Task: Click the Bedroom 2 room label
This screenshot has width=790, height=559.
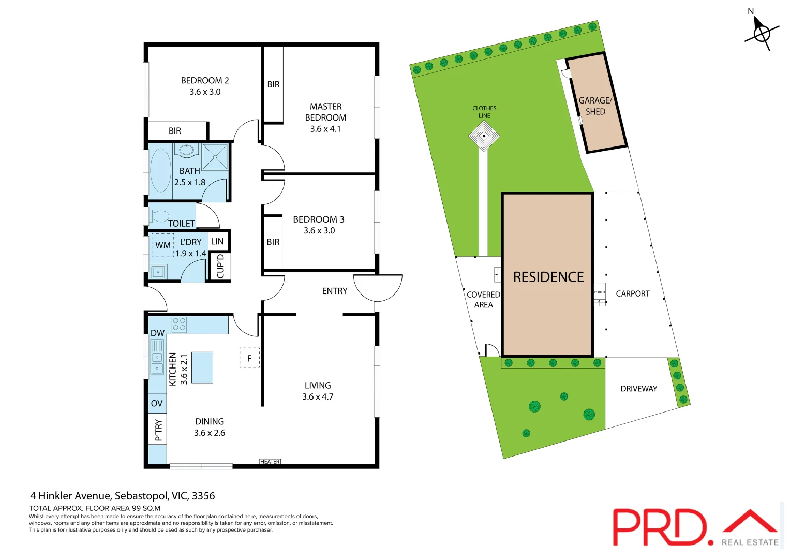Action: [x=204, y=80]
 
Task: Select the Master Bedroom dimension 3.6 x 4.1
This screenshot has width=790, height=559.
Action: [x=325, y=129]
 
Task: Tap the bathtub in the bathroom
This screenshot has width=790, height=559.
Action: [x=160, y=170]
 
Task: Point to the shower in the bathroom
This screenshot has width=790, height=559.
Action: [x=215, y=157]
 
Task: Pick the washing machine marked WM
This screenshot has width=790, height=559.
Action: [x=162, y=245]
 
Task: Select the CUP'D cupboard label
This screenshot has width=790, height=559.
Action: [x=221, y=266]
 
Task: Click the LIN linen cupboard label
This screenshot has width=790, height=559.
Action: [x=217, y=241]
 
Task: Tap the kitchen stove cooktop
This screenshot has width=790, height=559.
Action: [x=179, y=325]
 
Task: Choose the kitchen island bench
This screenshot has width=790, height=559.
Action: [x=202, y=367]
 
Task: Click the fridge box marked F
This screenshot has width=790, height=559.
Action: [x=249, y=358]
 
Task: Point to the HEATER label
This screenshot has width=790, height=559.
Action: [x=270, y=462]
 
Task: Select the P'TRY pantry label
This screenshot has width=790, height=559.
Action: [x=158, y=430]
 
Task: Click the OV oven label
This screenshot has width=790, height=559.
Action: [x=157, y=403]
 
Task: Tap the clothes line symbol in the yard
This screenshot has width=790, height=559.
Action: [x=484, y=137]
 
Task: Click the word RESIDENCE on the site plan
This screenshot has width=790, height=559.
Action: [x=548, y=277]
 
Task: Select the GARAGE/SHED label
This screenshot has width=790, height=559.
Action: [x=595, y=106]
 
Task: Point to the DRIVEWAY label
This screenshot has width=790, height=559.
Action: [x=638, y=389]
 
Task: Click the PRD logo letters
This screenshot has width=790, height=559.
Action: [x=660, y=527]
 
